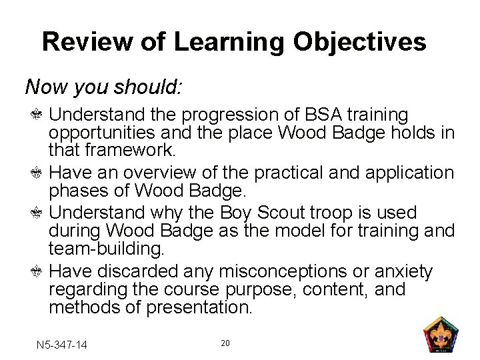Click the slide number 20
[x=225, y=343]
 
